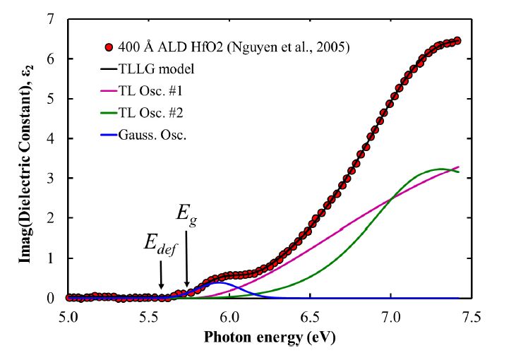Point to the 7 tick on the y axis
click(x=50, y=20)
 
